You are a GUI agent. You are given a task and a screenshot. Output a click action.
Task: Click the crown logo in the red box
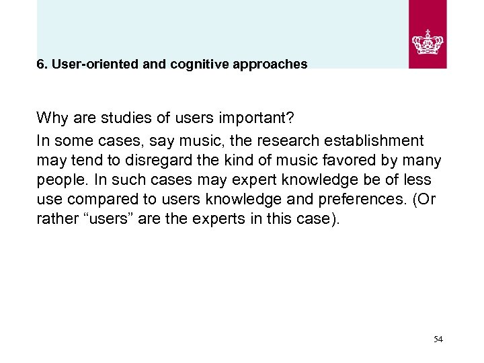click(x=428, y=41)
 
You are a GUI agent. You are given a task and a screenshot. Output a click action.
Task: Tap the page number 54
click(x=438, y=339)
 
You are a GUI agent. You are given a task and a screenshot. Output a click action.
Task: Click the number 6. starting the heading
click(x=42, y=65)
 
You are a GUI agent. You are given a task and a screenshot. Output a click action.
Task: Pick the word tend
click(x=80, y=161)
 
